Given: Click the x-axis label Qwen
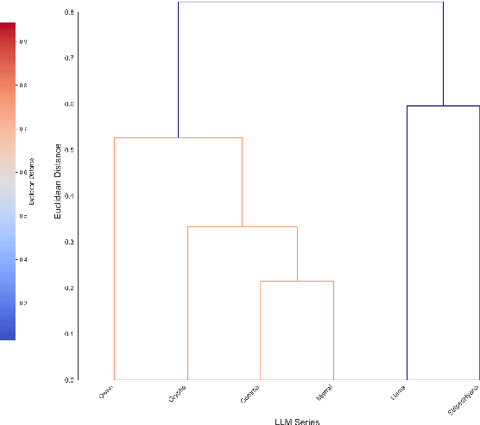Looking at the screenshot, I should (106, 392).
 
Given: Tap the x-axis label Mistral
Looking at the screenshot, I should (325, 394).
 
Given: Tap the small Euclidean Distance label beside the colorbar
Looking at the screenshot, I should (32, 182).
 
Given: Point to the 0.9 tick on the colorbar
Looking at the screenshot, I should (22, 41).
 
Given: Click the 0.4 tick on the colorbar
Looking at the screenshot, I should (22, 259).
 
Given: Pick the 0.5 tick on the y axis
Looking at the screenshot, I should (68, 149).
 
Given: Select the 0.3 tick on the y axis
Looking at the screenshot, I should (68, 242).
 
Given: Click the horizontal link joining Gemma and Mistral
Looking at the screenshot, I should (297, 281).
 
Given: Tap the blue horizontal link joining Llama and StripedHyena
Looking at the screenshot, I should (443, 105).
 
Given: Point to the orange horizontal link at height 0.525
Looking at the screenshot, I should (178, 137).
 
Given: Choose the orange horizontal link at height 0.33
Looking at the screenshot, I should (243, 226).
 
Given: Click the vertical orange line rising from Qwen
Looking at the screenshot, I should (115, 259).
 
